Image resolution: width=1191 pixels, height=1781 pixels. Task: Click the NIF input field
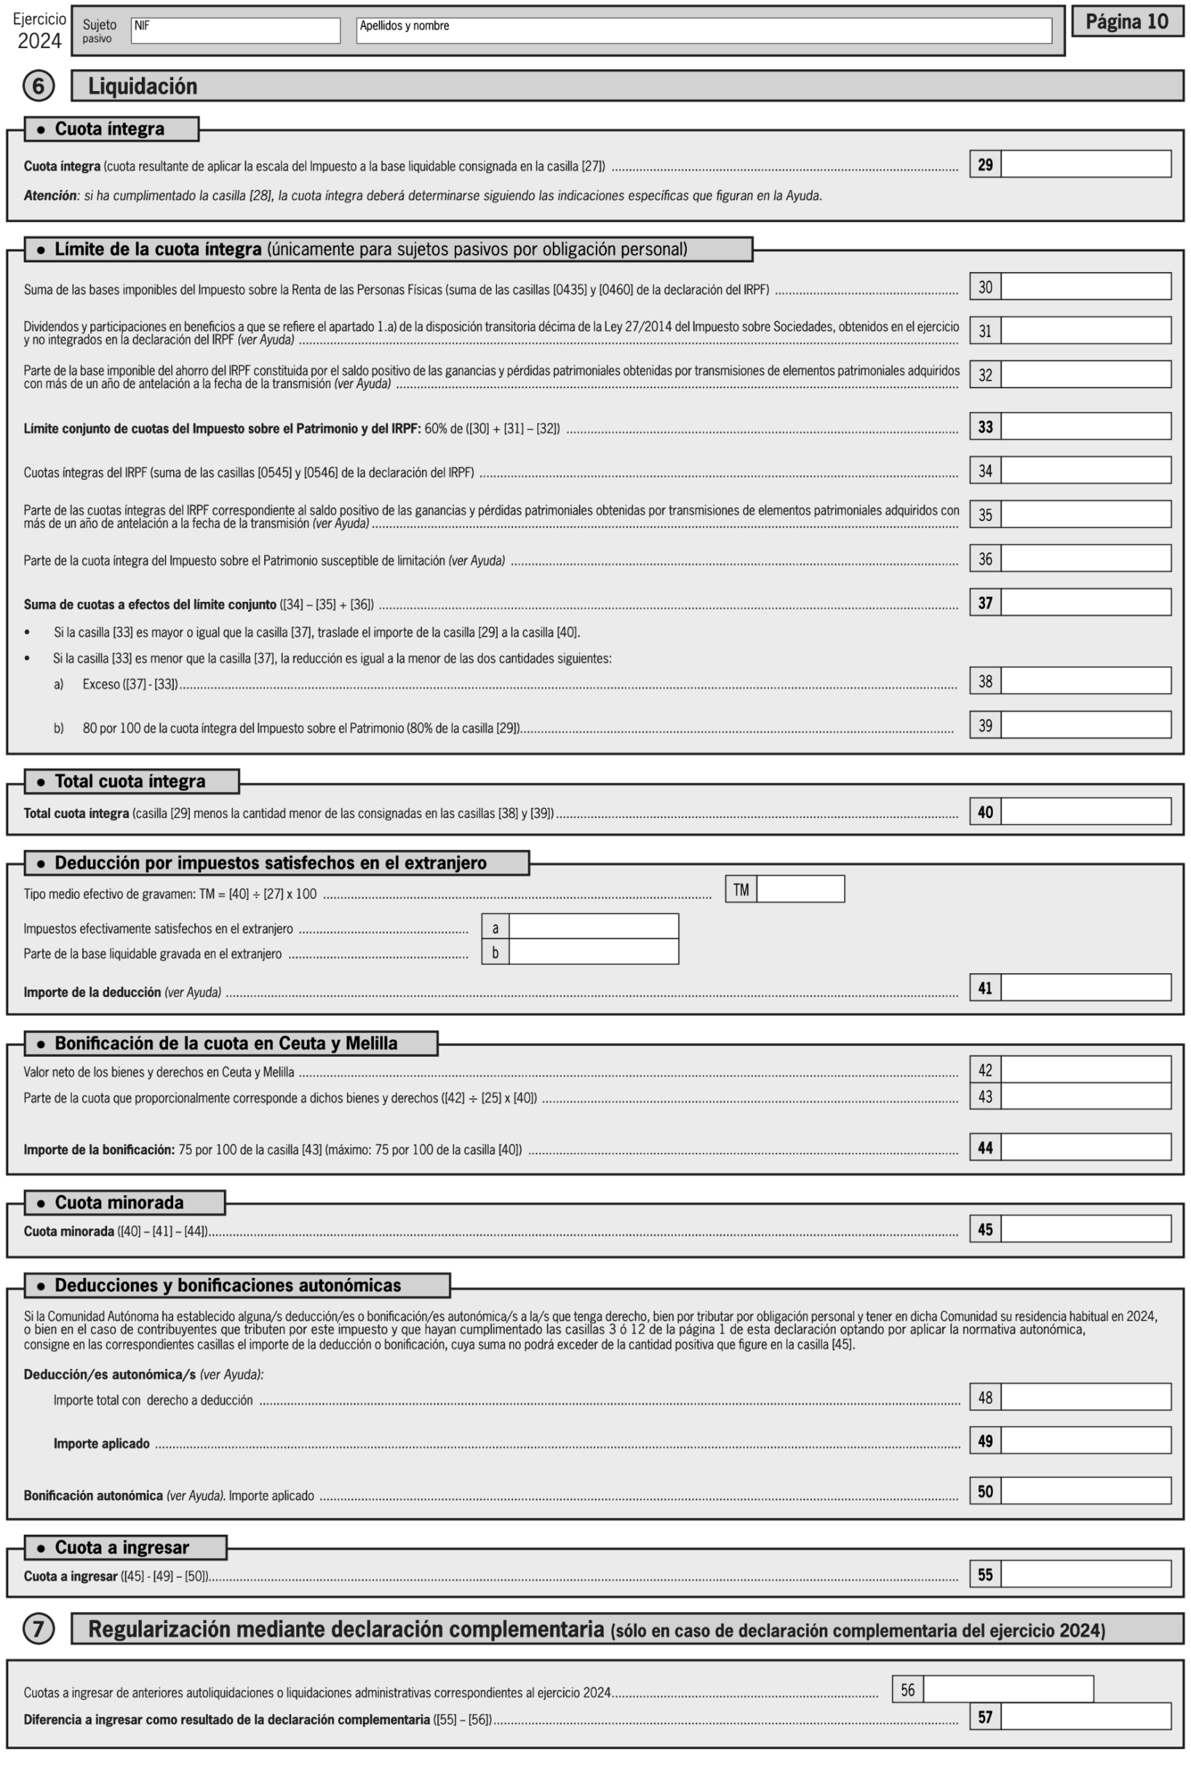click(x=236, y=31)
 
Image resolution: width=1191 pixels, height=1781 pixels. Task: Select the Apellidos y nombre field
click(x=704, y=31)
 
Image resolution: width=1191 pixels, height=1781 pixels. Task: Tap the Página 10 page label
click(x=1126, y=22)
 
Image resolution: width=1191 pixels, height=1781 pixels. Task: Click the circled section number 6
click(x=38, y=86)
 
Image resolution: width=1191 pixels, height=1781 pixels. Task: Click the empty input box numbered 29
click(x=1085, y=164)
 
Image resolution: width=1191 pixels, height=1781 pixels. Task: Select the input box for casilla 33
click(x=1085, y=426)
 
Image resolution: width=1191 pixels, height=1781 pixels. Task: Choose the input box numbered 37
click(x=1085, y=602)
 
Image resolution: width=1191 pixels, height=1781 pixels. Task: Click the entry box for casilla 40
click(x=1085, y=811)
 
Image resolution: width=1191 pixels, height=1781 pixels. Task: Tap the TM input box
click(x=800, y=889)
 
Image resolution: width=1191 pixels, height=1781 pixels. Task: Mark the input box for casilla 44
click(x=1085, y=1147)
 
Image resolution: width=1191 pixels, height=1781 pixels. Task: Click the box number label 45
click(x=985, y=1229)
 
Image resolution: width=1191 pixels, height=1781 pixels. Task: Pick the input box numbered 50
click(x=1085, y=1491)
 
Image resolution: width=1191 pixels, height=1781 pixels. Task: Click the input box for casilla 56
click(x=1008, y=1690)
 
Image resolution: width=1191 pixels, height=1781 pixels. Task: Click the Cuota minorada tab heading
click(x=120, y=1203)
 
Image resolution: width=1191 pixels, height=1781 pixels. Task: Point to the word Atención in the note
click(x=50, y=195)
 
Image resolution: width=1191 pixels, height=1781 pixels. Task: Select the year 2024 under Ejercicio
click(x=40, y=41)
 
